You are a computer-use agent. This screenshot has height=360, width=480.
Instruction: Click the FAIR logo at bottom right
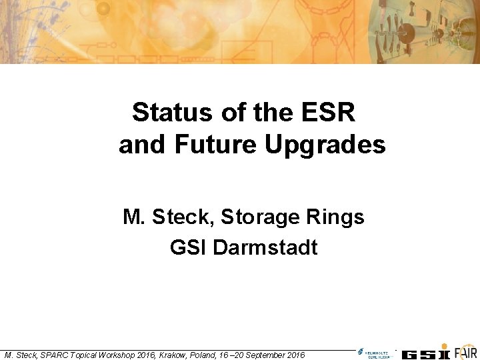tap(466, 353)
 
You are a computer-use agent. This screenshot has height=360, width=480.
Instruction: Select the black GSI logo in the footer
tap(427, 354)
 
